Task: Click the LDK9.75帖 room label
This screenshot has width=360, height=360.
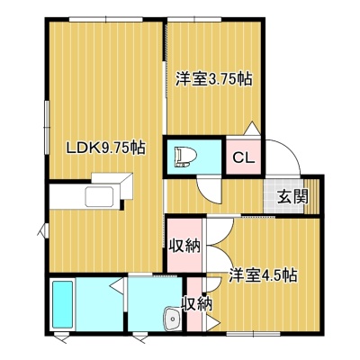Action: [106, 148]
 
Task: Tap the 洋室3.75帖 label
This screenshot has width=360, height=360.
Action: [213, 79]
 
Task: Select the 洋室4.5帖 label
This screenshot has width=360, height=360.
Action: [264, 275]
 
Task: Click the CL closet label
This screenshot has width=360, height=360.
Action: [244, 157]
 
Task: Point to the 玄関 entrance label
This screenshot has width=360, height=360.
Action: [292, 196]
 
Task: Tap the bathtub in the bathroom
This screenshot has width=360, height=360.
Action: [63, 304]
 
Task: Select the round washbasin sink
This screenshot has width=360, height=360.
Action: [173, 319]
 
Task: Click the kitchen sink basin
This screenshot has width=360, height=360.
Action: [99, 197]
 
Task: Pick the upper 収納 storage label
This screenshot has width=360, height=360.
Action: [184, 246]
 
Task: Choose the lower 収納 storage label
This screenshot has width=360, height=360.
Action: [196, 305]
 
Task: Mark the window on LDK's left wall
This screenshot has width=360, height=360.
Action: [47, 127]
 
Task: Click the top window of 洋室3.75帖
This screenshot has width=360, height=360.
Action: [194, 20]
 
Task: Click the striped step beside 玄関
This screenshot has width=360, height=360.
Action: [312, 196]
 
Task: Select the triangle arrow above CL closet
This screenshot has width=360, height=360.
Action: [252, 129]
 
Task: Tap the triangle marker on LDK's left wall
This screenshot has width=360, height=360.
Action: [42, 231]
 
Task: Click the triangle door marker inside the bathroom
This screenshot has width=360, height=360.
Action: [117, 285]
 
